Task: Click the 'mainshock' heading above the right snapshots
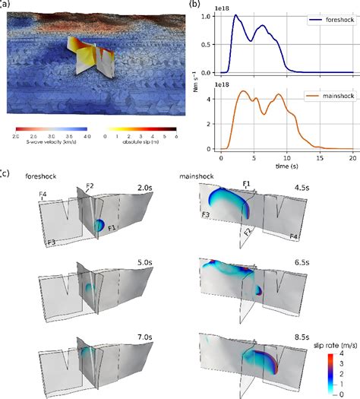click(x=196, y=176)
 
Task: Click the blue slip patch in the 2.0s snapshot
click(x=99, y=225)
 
